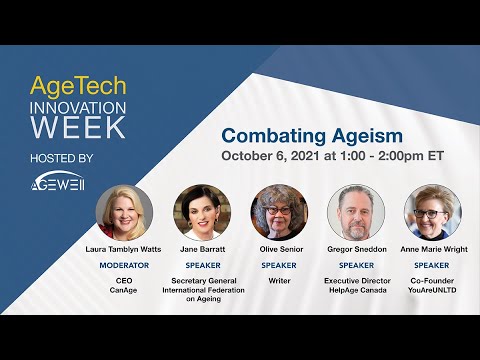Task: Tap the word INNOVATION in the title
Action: pos(77,107)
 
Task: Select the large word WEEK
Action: pos(77,129)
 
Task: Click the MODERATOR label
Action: pos(124,265)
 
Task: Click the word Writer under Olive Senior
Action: pos(279,280)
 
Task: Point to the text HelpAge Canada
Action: pos(356,291)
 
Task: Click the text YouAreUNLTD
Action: pos(432,291)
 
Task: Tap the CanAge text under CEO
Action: pos(124,291)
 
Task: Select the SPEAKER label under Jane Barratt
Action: pos(201,265)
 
